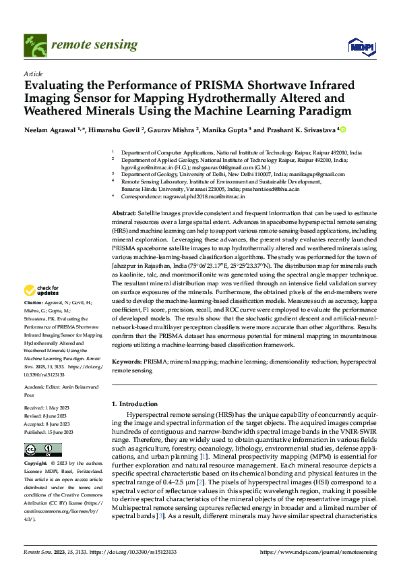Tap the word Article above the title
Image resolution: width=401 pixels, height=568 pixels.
pyautogui.click(x=33, y=73)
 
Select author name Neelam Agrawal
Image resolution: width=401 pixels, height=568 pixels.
pyautogui.click(x=49, y=129)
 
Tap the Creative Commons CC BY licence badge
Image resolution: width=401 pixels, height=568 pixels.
pyautogui.click(x=43, y=449)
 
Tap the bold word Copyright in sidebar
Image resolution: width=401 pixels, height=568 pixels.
pyautogui.click(x=36, y=464)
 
